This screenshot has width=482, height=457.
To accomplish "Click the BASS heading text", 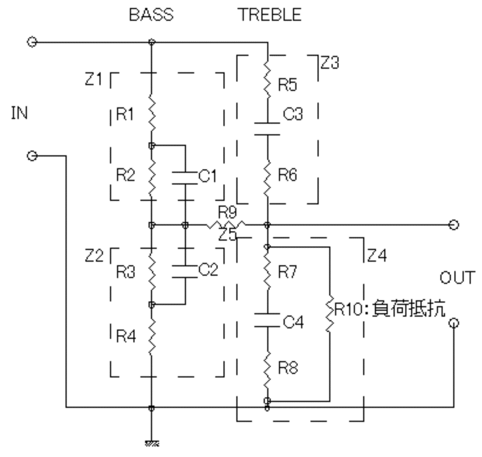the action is (151, 15).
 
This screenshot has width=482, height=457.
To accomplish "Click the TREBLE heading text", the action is (270, 15).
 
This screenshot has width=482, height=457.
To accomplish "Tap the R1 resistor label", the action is (125, 114).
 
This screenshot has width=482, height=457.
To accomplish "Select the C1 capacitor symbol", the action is (185, 178).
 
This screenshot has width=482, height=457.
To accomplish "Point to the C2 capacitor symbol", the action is (185, 271).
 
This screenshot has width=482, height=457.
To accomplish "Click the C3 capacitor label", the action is (292, 114).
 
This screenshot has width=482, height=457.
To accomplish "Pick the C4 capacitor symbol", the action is (267, 320).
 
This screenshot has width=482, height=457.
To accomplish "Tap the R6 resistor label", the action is (287, 175).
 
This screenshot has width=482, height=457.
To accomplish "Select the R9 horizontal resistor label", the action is (227, 212).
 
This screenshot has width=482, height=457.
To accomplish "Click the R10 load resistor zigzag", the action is (329, 313).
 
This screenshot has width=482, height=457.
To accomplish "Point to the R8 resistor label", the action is (288, 367).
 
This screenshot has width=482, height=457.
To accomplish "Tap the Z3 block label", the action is (330, 62).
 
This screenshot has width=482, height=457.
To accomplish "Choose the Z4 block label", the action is (377, 255).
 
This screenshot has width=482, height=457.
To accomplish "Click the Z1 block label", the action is (94, 79).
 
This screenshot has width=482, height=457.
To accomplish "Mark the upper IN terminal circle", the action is (32, 42).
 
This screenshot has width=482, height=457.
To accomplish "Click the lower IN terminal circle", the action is (32, 156).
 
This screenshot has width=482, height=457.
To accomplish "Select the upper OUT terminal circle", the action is (454, 225).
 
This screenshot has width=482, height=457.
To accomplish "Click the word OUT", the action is (457, 277).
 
